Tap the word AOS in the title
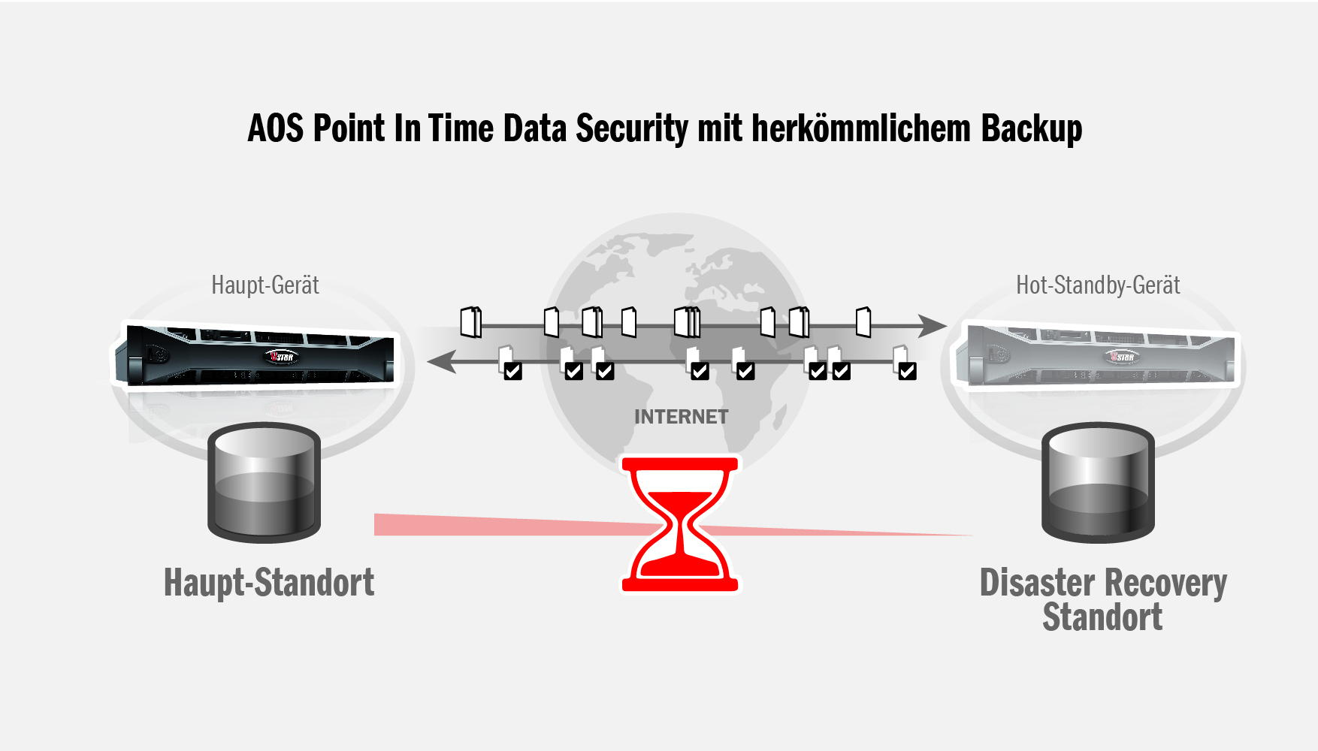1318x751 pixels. point(276,128)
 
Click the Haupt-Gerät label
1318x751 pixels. point(265,285)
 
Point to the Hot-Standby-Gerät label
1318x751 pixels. point(1098,285)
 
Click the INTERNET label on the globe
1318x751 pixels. point(681,417)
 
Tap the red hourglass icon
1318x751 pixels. point(680,524)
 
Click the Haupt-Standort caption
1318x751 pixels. point(269,583)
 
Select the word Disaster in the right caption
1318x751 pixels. point(1037,583)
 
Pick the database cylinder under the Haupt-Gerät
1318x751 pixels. point(264,483)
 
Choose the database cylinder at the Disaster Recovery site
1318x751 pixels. point(1098,483)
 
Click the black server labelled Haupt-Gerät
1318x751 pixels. point(255,354)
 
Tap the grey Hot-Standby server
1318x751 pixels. point(1097,354)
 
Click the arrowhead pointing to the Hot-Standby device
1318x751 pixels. point(933,326)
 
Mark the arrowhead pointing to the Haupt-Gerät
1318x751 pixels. point(441,361)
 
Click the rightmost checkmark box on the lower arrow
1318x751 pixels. point(907,371)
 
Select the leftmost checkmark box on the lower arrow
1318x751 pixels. point(512,371)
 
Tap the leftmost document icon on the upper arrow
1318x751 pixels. point(471,322)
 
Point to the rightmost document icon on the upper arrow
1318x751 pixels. point(863,322)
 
